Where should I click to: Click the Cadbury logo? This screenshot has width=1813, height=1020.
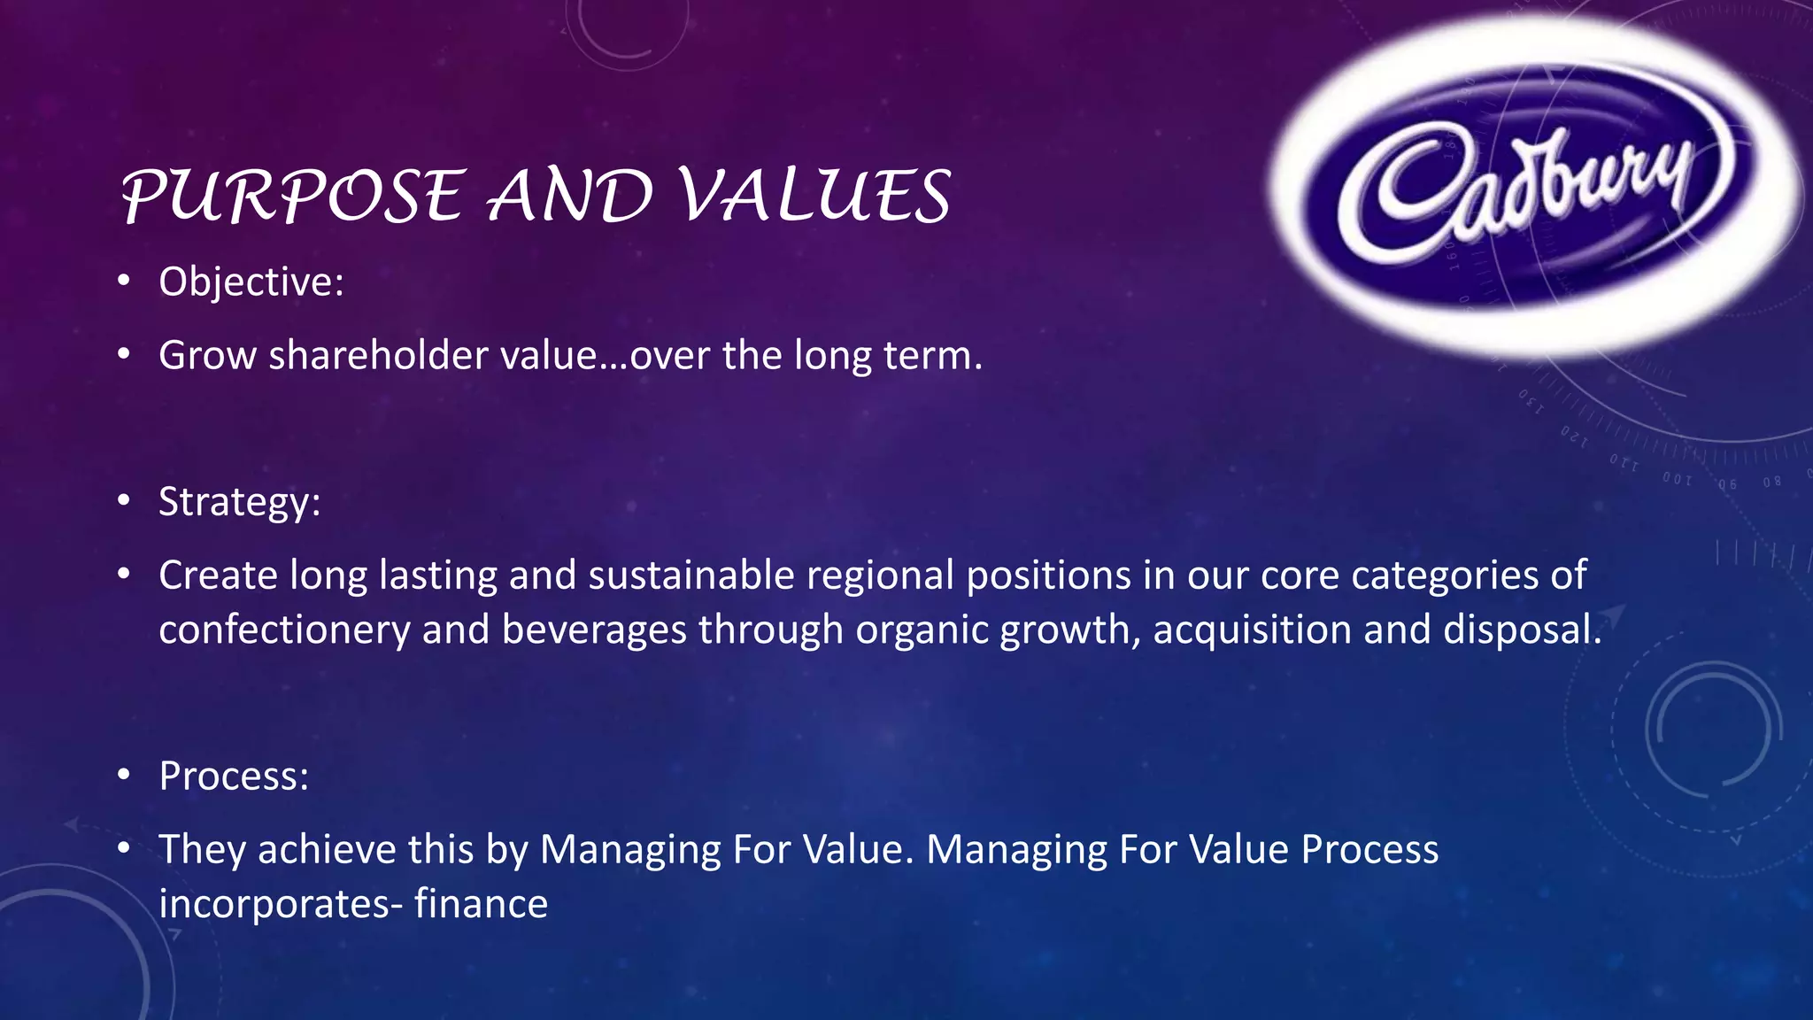pyautogui.click(x=1536, y=186)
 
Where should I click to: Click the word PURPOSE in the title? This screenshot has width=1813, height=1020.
pyautogui.click(x=292, y=196)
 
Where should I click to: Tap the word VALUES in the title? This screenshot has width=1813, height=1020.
pyautogui.click(x=814, y=196)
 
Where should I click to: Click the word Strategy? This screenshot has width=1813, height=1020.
pyautogui.click(x=239, y=502)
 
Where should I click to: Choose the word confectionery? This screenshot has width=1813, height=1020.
pyautogui.click(x=284, y=630)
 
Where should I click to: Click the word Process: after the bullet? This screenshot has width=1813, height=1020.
pyautogui.click(x=234, y=777)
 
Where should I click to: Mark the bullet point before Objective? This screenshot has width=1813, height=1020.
pyautogui.click(x=124, y=282)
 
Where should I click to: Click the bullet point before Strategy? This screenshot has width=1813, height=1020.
pyautogui.click(x=124, y=502)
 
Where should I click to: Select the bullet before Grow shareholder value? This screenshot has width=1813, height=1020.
pyautogui.click(x=124, y=356)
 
